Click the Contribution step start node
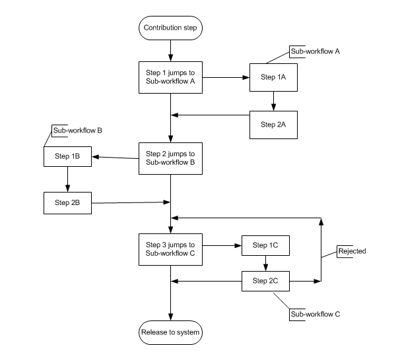(x=171, y=28)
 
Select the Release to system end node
(x=171, y=332)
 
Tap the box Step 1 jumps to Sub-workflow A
(x=171, y=77)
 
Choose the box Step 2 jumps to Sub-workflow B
(x=171, y=158)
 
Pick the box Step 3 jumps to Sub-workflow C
(x=171, y=249)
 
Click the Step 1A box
(x=273, y=77)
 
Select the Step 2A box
(x=273, y=124)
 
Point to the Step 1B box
(x=67, y=156)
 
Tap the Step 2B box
(x=67, y=202)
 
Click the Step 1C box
(x=265, y=245)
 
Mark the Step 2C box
(x=265, y=282)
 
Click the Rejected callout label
(x=352, y=251)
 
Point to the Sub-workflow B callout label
(x=77, y=131)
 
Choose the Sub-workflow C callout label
(x=315, y=314)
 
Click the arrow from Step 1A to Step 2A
(x=273, y=100)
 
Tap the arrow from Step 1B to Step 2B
(x=67, y=179)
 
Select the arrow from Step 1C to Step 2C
(x=265, y=263)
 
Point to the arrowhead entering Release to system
(x=171, y=317)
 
